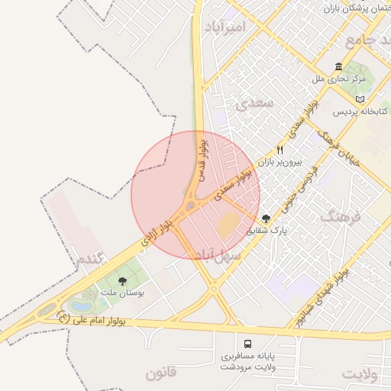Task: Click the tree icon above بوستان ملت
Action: (124, 281)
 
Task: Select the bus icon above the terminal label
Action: (247, 344)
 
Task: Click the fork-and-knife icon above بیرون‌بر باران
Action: (280, 150)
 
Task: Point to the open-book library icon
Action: (360, 99)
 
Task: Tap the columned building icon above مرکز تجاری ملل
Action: (339, 66)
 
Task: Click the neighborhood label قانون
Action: (161, 373)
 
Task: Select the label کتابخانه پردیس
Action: (361, 111)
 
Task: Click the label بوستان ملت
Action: (123, 293)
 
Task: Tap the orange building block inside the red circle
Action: (228, 225)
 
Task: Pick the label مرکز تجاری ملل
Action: (339, 79)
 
